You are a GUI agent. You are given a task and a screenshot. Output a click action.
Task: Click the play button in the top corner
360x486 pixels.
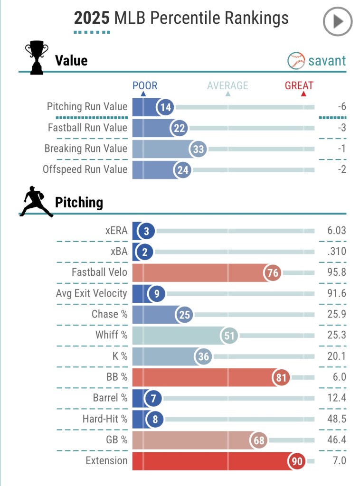(x=338, y=21)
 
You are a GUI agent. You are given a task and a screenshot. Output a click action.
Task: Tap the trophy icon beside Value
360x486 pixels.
(x=37, y=58)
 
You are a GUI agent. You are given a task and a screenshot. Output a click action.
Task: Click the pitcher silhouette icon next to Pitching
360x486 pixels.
(x=36, y=202)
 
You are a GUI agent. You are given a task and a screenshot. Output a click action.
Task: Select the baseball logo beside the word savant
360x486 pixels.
(x=296, y=61)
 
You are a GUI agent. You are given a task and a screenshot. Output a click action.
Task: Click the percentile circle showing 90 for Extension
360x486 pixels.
(x=297, y=461)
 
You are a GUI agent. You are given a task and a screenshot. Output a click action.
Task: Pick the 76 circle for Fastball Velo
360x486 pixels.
(x=273, y=273)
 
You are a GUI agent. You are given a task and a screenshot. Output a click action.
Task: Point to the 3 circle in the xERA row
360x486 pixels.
(x=146, y=231)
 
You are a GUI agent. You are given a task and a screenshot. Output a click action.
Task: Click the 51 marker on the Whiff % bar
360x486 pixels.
(x=230, y=336)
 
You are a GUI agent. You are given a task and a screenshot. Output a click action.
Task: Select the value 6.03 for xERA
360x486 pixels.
(x=336, y=231)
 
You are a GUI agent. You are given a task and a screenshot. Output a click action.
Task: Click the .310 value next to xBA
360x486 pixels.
(x=336, y=252)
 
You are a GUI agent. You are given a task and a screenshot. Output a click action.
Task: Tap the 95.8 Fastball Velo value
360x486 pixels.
(x=336, y=273)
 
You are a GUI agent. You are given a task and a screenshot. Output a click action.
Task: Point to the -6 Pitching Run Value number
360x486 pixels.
(x=341, y=107)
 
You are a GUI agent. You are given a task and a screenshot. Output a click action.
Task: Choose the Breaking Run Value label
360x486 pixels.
(x=86, y=149)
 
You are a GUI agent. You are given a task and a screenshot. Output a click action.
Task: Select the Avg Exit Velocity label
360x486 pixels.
(x=91, y=294)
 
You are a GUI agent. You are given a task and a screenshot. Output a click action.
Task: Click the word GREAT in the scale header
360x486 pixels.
(x=299, y=86)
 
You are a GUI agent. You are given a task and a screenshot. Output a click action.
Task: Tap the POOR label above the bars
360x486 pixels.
(x=145, y=86)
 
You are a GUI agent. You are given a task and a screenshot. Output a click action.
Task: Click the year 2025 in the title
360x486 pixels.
(x=91, y=18)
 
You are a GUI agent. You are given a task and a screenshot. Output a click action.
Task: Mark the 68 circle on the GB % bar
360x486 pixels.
(x=259, y=440)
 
